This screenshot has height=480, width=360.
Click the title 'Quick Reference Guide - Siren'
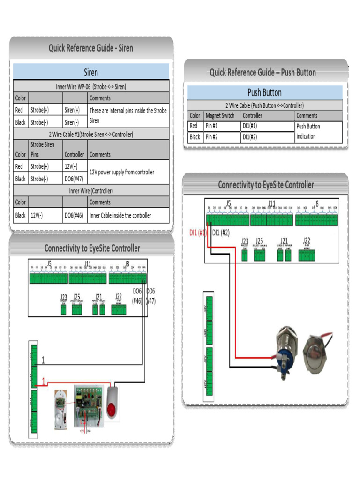coord(91,48)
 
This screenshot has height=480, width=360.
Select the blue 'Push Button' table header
coord(264,92)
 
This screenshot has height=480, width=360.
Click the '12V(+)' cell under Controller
coord(72,166)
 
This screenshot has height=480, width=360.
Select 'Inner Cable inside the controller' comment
coord(120,215)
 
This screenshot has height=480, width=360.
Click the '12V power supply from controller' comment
coord(122,172)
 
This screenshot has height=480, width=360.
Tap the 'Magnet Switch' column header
coord(220,116)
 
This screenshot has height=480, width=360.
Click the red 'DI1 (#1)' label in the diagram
coord(197,232)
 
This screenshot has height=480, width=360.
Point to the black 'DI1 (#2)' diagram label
coord(221,232)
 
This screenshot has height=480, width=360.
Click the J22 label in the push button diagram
coord(307,240)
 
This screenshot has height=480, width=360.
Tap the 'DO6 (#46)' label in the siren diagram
coord(136,296)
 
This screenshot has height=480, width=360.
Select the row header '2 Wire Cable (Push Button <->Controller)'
coord(264,105)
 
